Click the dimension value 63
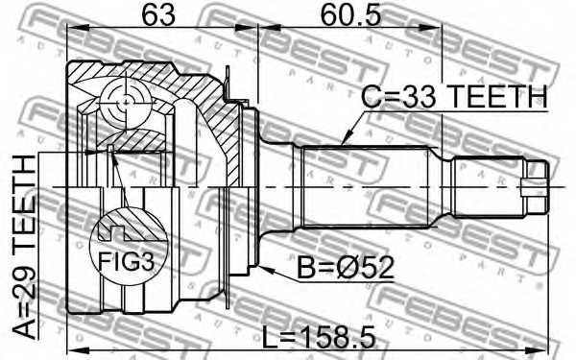(x=154, y=16)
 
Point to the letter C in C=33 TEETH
(x=370, y=98)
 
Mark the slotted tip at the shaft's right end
(x=534, y=181)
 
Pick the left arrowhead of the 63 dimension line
(x=71, y=32)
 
